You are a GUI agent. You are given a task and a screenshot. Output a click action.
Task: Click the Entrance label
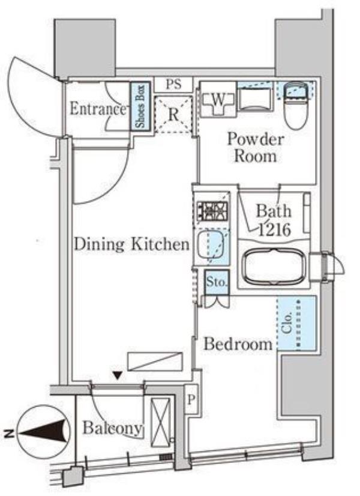pyautogui.click(x=98, y=109)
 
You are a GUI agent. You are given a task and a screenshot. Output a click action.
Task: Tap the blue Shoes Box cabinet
pyautogui.click(x=140, y=106)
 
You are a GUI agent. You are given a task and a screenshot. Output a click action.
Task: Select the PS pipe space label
pyautogui.click(x=173, y=84)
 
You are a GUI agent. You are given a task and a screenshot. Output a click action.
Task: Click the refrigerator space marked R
pyautogui.click(x=173, y=115)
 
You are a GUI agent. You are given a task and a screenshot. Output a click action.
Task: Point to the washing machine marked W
pyautogui.click(x=218, y=101)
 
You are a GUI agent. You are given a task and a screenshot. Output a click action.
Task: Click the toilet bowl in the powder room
pyautogui.click(x=296, y=107)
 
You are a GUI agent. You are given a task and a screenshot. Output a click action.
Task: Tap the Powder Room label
pyautogui.click(x=256, y=147)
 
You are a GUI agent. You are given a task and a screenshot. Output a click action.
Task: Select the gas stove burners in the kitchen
pyautogui.click(x=212, y=210)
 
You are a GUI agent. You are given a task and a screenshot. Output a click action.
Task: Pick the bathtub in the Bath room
pyautogui.click(x=274, y=265)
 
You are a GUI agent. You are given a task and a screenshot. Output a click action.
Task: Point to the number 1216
pyautogui.click(x=274, y=231)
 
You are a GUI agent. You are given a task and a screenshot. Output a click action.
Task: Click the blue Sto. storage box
pyautogui.click(x=217, y=282)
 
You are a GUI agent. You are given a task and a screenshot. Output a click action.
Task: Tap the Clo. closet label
pyautogui.click(x=287, y=322)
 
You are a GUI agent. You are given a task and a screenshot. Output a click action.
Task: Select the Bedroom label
pyautogui.click(x=238, y=344)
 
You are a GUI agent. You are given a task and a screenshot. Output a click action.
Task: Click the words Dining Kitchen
pyautogui.click(x=131, y=244)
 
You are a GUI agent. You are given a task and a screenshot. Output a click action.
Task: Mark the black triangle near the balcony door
pyautogui.click(x=118, y=375)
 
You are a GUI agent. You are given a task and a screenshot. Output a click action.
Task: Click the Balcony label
pyautogui.click(x=112, y=428)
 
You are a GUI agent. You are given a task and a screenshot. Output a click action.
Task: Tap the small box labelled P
pyautogui.click(x=191, y=400)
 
